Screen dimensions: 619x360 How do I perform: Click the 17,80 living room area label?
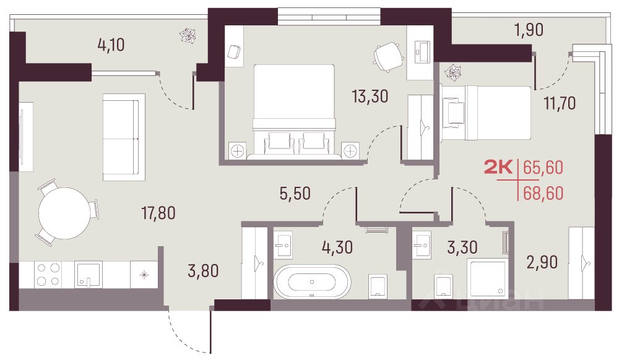pos(158,213)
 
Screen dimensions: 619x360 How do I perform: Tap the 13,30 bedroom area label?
pos(370,96)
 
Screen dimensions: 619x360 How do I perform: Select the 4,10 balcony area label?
pos(111,45)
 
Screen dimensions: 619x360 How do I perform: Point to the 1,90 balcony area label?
pos(529,30)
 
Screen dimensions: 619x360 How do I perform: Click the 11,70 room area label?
pos(560,103)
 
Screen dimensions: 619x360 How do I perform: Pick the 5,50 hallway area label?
pos(295,193)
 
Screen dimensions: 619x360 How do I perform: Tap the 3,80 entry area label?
pos(203,271)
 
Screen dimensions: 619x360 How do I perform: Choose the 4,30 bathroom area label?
pos(337,247)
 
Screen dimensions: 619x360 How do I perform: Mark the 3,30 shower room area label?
pos(462,247)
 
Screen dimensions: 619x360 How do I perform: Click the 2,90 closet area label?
pos(542,262)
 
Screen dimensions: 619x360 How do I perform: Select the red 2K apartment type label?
pos(498,167)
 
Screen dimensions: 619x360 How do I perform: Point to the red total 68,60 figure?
pos(543,193)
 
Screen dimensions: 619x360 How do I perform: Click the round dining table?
pos(64,213)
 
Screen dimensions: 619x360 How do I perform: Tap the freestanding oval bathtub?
pos(312,281)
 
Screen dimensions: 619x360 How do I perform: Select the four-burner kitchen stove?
pos(48,275)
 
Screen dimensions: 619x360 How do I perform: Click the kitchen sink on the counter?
pos(88,275)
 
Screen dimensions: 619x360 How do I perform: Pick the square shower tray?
pos(487,277)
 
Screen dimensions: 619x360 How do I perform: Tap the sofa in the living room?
pos(124,137)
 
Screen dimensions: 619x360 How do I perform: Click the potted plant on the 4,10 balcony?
pos(188,35)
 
